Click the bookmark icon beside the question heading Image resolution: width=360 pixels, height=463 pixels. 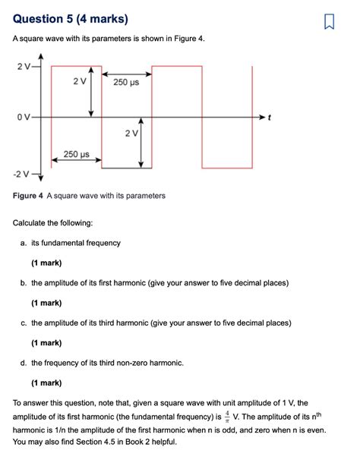pos(329,20)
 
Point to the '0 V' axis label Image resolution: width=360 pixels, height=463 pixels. pos(22,118)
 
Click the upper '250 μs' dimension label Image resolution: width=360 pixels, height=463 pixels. pos(126,82)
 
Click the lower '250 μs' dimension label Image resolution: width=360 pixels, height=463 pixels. pos(76,154)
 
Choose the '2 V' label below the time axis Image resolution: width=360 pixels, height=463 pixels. pos(131,134)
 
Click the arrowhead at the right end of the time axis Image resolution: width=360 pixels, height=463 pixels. pos(263,118)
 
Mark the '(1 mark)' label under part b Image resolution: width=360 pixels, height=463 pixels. pos(46,303)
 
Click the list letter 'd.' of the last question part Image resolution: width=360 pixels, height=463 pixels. pos(25,363)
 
